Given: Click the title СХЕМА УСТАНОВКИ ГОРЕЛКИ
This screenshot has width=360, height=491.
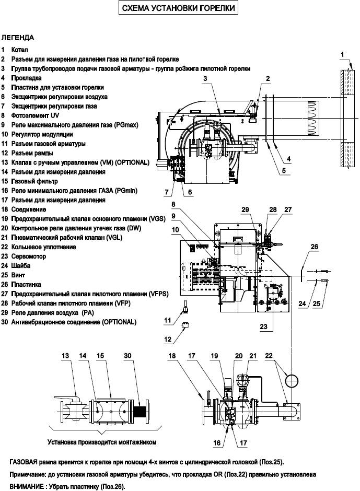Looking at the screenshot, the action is (x=178, y=8).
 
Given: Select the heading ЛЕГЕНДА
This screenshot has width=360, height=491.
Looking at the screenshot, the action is (x=18, y=38).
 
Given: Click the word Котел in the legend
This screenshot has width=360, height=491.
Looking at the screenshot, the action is (x=20, y=50).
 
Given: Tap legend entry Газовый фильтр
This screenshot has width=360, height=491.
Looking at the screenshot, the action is (x=34, y=181).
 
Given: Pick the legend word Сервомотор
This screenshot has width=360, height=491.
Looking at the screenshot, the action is (x=29, y=256).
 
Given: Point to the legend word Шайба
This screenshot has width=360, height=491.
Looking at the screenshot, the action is (x=21, y=266).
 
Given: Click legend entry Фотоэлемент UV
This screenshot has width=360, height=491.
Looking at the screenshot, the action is (x=35, y=115).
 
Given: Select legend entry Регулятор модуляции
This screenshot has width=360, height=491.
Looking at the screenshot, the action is (x=42, y=134).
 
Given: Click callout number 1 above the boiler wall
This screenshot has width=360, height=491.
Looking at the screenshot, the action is (x=342, y=54).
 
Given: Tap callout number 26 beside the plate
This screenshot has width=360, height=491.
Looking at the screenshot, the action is (x=314, y=247).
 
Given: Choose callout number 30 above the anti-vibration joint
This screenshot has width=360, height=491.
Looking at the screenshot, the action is (x=127, y=356).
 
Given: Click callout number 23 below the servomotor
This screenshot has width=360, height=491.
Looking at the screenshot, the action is (x=263, y=326).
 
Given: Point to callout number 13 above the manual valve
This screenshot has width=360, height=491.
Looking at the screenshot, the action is (x=65, y=356).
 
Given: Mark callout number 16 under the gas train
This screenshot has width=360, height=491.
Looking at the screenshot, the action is (x=217, y=443).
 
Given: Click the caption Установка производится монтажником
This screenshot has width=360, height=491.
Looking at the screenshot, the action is (x=102, y=442).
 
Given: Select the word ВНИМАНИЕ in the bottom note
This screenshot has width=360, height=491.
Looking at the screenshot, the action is (x=27, y=487).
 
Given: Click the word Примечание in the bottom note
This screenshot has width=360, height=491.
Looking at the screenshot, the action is (x=28, y=474).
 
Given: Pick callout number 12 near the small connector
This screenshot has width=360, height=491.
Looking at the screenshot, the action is (x=168, y=340).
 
